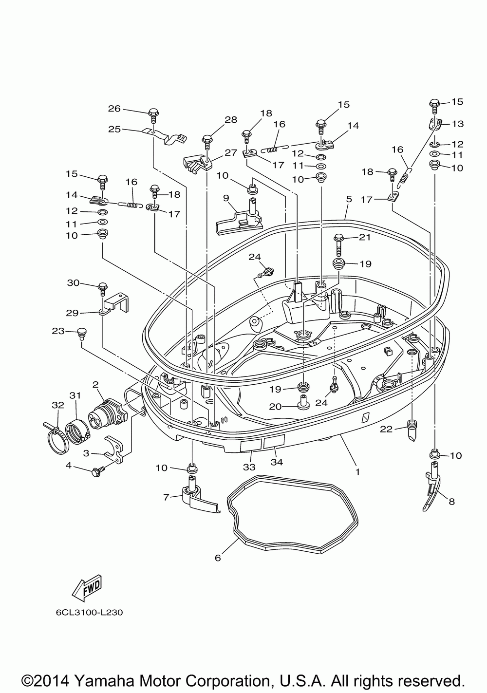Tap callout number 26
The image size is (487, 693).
click(114, 109)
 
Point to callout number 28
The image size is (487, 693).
click(231, 120)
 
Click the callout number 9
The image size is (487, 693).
click(226, 198)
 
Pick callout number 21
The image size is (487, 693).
click(365, 237)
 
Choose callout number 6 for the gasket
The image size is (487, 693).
click(218, 558)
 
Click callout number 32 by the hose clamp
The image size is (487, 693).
click(58, 405)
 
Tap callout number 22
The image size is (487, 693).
click(386, 429)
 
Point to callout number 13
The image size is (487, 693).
click(458, 124)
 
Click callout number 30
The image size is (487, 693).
click(74, 283)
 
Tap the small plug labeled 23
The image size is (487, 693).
click(82, 333)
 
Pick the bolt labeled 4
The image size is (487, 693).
click(97, 472)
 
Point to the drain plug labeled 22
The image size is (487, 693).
click(411, 430)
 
